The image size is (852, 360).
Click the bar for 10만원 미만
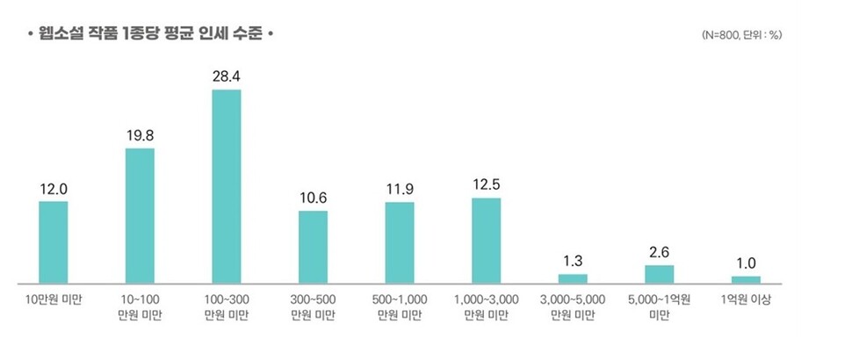(x=54, y=242)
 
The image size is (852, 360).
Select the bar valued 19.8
(x=140, y=216)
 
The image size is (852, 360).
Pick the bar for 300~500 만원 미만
(x=313, y=247)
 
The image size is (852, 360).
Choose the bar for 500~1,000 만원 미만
(x=400, y=242)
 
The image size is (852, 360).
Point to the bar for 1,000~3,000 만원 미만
(x=486, y=241)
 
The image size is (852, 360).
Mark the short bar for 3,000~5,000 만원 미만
(x=573, y=278)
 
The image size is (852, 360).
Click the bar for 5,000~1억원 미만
(x=659, y=274)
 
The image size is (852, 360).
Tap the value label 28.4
(x=227, y=76)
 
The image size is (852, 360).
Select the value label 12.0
(x=54, y=188)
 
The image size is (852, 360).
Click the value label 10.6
(x=313, y=197)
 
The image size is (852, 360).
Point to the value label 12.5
(x=486, y=184)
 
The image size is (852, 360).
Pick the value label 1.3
(x=573, y=261)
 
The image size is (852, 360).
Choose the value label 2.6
(x=659, y=252)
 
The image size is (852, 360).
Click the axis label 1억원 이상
(x=746, y=299)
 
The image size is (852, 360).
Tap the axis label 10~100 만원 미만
(x=140, y=306)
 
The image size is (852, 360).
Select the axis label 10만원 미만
(x=54, y=299)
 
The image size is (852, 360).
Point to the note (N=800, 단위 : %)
(x=742, y=35)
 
